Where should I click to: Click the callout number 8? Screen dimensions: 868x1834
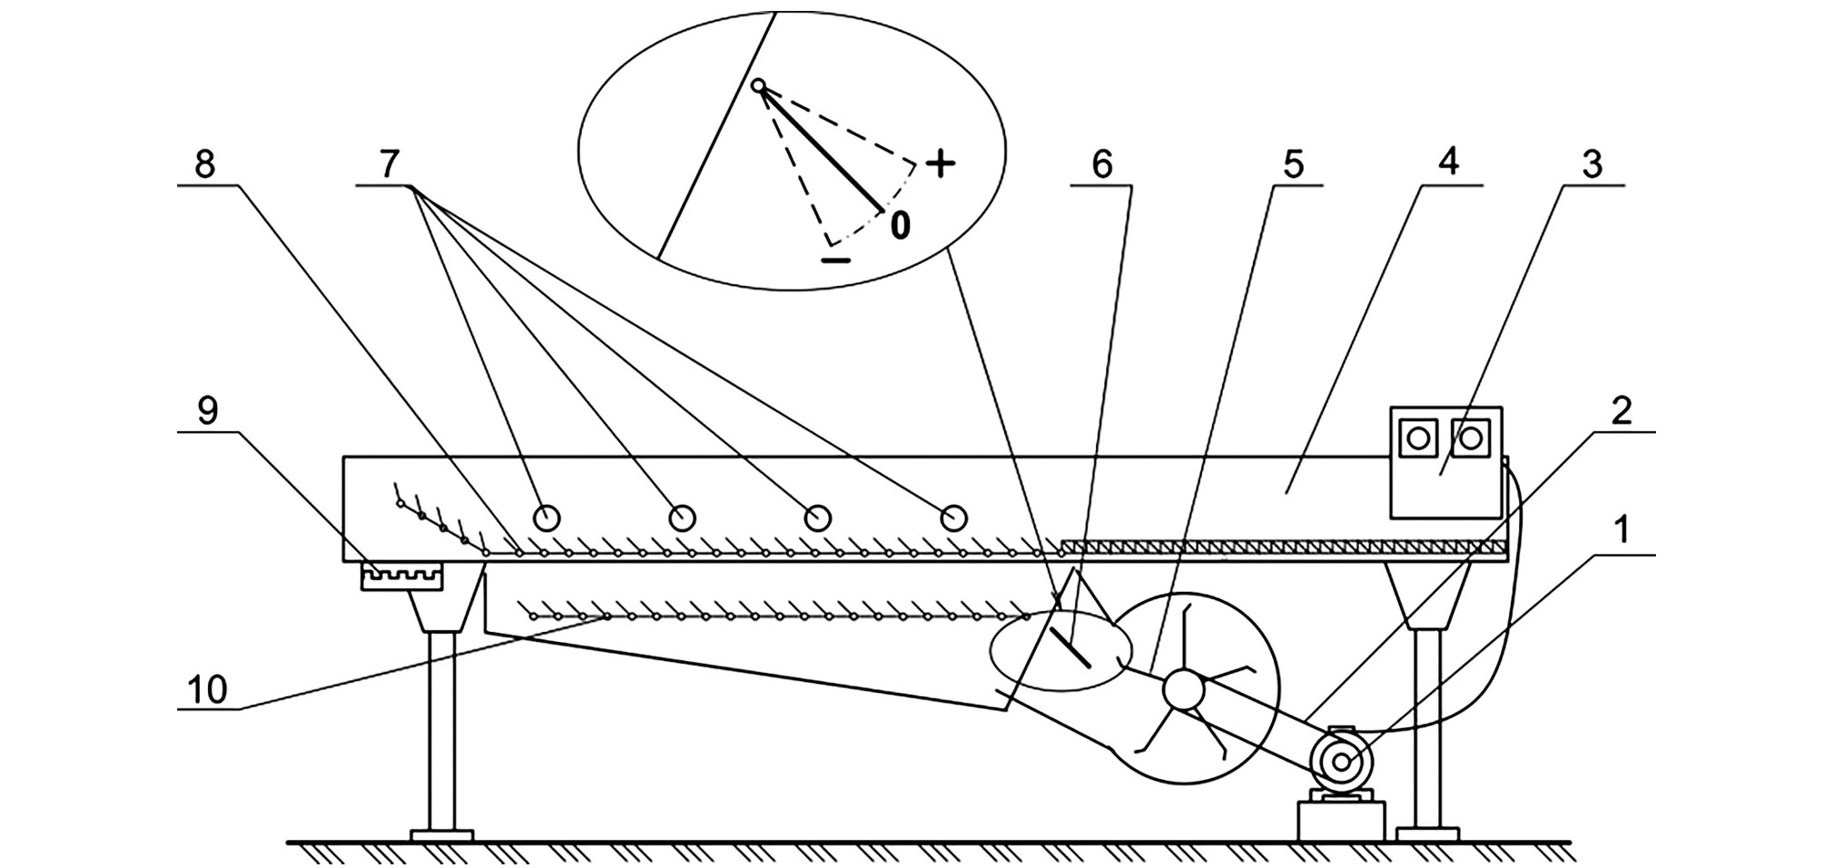205,164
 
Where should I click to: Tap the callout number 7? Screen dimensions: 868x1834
389,164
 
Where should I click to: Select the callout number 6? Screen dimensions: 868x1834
1101,164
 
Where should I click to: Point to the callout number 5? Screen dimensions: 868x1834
1293,164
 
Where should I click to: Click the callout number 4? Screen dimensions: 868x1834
1449,162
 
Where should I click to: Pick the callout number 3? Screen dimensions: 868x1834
1592,164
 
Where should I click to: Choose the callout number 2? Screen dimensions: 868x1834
1622,410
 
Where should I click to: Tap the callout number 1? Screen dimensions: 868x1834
1622,530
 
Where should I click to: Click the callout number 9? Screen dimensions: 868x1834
208,411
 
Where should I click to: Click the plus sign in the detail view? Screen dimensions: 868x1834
942,164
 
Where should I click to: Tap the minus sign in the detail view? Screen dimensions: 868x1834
835,261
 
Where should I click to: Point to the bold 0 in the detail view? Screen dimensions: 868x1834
899,224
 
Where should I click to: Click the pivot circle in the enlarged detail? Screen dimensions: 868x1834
759,86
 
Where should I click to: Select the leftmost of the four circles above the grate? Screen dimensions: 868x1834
546,518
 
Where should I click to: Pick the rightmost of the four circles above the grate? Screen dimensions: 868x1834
952,518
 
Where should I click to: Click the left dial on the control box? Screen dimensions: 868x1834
1417,439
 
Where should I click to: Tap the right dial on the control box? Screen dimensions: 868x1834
1470,439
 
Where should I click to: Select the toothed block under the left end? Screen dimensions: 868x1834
401,576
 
